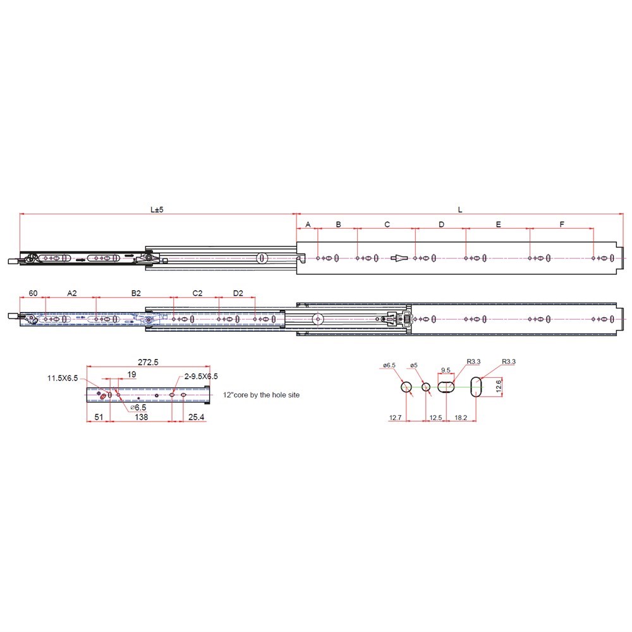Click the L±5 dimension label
click(x=157, y=209)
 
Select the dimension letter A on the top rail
click(x=308, y=224)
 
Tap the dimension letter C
click(x=387, y=224)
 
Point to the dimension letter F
click(x=562, y=224)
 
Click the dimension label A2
click(x=71, y=293)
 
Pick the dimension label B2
click(x=135, y=293)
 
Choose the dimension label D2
click(x=238, y=293)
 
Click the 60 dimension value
click(x=33, y=293)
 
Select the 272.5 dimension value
click(x=147, y=362)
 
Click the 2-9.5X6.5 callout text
click(x=201, y=376)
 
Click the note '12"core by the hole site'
click(x=261, y=394)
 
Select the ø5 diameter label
click(x=413, y=365)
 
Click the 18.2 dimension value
click(x=460, y=418)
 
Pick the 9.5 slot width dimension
click(x=446, y=370)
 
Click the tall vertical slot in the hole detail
click(x=476, y=387)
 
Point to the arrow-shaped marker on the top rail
click(x=401, y=258)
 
